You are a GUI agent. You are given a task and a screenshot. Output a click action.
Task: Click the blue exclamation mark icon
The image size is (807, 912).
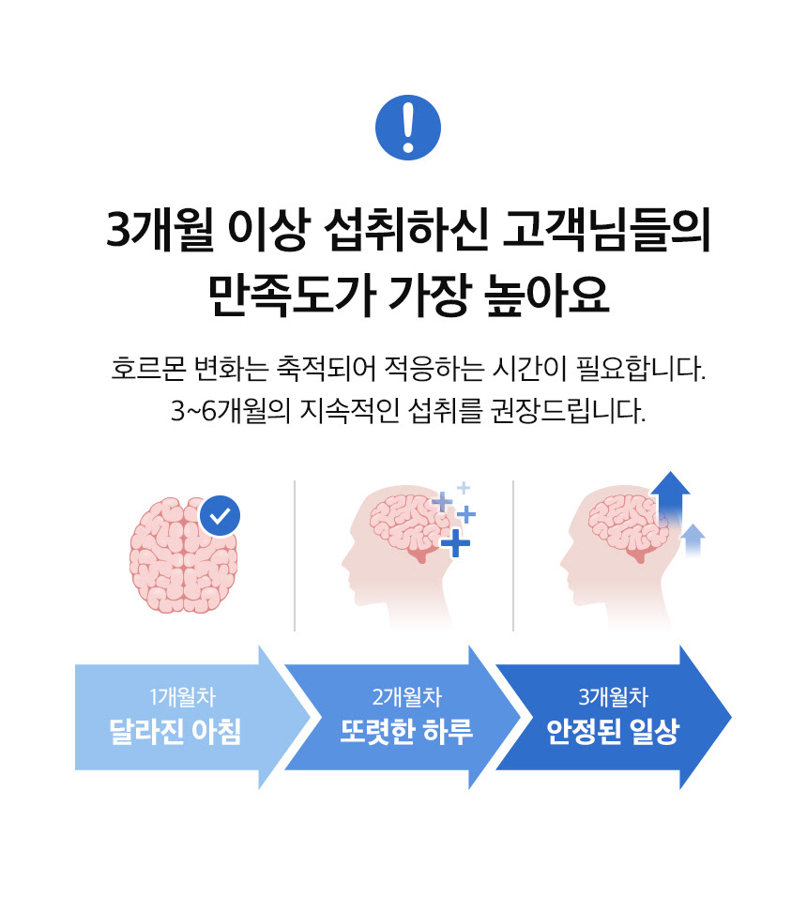[x=407, y=129]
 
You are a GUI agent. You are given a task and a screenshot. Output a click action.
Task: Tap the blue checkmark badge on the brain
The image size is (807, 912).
[x=221, y=514]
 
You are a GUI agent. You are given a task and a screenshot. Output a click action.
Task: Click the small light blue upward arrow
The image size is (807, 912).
[x=693, y=540]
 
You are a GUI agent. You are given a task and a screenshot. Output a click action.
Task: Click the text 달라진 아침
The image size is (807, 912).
[x=175, y=732]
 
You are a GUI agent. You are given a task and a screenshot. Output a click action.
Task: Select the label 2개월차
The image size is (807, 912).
[x=406, y=697]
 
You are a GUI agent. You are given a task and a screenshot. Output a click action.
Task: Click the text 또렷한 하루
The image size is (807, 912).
[x=406, y=732]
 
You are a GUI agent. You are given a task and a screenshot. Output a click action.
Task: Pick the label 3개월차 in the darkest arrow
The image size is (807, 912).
[x=614, y=697]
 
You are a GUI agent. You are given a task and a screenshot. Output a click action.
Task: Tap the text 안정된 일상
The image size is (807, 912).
[x=613, y=732]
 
